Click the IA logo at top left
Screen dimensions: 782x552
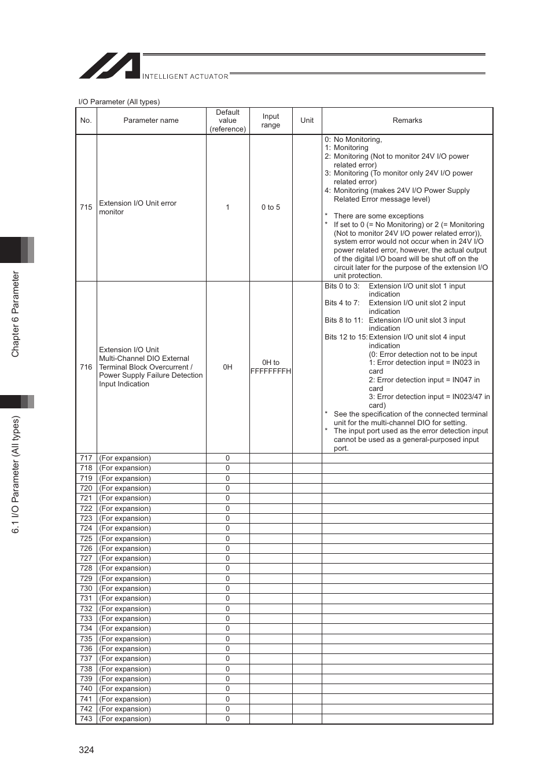pyautogui.click(x=110, y=65)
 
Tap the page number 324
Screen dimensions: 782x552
pyautogui.click(x=86, y=750)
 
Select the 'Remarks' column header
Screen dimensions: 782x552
pyautogui.click(x=407, y=120)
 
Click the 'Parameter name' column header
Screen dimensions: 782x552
pyautogui.click(x=151, y=120)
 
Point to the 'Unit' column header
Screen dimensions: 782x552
pyautogui.click(x=307, y=120)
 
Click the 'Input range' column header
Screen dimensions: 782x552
pyautogui.click(x=270, y=120)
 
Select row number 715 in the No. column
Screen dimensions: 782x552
pyautogui.click(x=86, y=207)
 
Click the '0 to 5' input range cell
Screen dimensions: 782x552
pyautogui.click(x=270, y=207)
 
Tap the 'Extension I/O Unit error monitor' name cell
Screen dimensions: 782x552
pyautogui.click(x=138, y=207)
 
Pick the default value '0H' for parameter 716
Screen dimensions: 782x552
pyautogui.click(x=227, y=367)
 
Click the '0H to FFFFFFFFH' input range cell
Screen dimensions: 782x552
pyautogui.click(x=270, y=367)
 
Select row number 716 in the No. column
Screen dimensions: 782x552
pyautogui.click(x=86, y=367)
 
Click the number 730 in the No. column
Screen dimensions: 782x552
pyautogui.click(x=86, y=589)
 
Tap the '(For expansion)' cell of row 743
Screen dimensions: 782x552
pyautogui.click(x=125, y=719)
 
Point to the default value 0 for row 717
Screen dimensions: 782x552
pyautogui.click(x=227, y=458)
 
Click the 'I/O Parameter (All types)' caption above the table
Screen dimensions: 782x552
pyautogui.click(x=119, y=102)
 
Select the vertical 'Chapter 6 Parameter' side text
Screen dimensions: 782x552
pyautogui.click(x=16, y=314)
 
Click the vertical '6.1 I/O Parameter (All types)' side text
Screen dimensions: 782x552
pyautogui.click(x=16, y=474)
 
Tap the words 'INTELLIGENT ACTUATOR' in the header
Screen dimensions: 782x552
pyautogui.click(x=185, y=76)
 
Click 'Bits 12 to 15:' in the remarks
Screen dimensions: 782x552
pyautogui.click(x=345, y=337)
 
